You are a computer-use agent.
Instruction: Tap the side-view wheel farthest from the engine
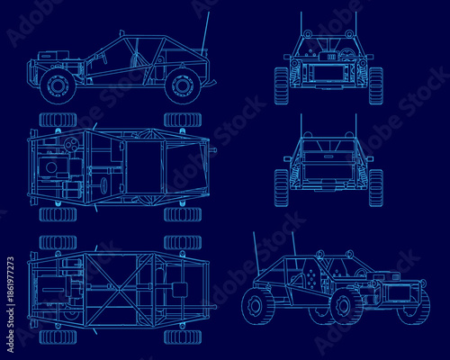pyautogui.click(x=183, y=85)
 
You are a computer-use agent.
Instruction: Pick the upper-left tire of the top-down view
pyautogui.click(x=58, y=120)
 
